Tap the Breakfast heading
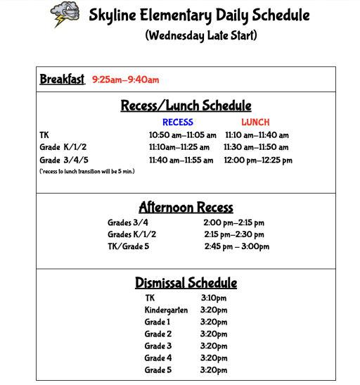coord(63,79)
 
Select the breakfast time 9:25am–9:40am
coord(125,80)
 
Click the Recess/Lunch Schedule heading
coord(186,106)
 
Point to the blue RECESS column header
coord(177,122)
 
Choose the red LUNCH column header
coord(255,122)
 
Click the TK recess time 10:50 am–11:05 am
coord(182,135)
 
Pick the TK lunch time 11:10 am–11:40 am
coord(257,135)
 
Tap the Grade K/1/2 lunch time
coord(256,148)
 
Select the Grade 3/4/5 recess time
coord(181,160)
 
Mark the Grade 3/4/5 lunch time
coord(258,160)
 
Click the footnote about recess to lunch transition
coord(87,171)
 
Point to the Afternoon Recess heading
coord(186,207)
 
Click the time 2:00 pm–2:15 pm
coord(234,222)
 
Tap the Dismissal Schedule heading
coord(186,283)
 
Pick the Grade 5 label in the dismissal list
coord(158,370)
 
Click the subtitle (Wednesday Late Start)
coord(200,36)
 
